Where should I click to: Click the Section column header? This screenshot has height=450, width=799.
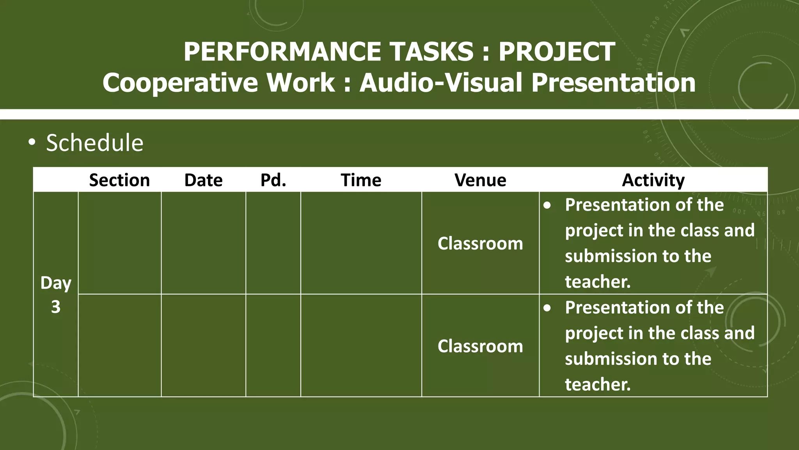click(119, 180)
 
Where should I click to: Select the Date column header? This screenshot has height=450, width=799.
click(203, 180)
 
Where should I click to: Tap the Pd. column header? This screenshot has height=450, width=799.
click(273, 180)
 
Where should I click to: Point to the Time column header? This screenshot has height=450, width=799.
click(361, 180)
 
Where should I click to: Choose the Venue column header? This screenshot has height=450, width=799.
click(480, 180)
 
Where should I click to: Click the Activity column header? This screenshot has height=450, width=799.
click(653, 180)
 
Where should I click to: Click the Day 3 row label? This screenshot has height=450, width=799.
click(56, 295)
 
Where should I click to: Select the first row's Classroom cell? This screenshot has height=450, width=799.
click(480, 243)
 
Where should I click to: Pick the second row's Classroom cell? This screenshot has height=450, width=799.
click(480, 346)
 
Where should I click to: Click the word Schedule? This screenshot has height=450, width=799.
click(95, 143)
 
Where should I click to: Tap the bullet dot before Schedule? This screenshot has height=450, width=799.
click(32, 143)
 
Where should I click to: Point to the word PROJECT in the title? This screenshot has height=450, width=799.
click(557, 52)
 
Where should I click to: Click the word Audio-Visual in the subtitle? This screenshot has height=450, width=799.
click(441, 83)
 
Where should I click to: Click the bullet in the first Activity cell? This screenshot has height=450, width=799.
click(547, 205)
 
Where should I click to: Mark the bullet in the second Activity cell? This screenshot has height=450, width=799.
click(547, 308)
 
